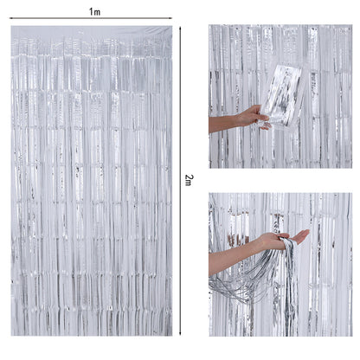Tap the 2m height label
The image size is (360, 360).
[x=190, y=178]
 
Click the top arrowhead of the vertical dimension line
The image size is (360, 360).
[x=181, y=29]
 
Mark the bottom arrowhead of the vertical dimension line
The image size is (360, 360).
[x=181, y=334]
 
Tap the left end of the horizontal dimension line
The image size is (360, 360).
[x=13, y=18]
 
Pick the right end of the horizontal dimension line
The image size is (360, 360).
[x=171, y=18]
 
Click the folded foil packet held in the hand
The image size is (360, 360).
[x=282, y=93]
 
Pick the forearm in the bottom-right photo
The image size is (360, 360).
[x=229, y=258]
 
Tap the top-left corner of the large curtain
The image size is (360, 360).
[x=12, y=27]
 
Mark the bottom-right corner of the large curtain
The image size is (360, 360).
[x=172, y=335]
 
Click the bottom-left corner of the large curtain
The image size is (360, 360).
[x=12, y=335]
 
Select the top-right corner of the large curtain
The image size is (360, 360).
[x=172, y=27]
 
